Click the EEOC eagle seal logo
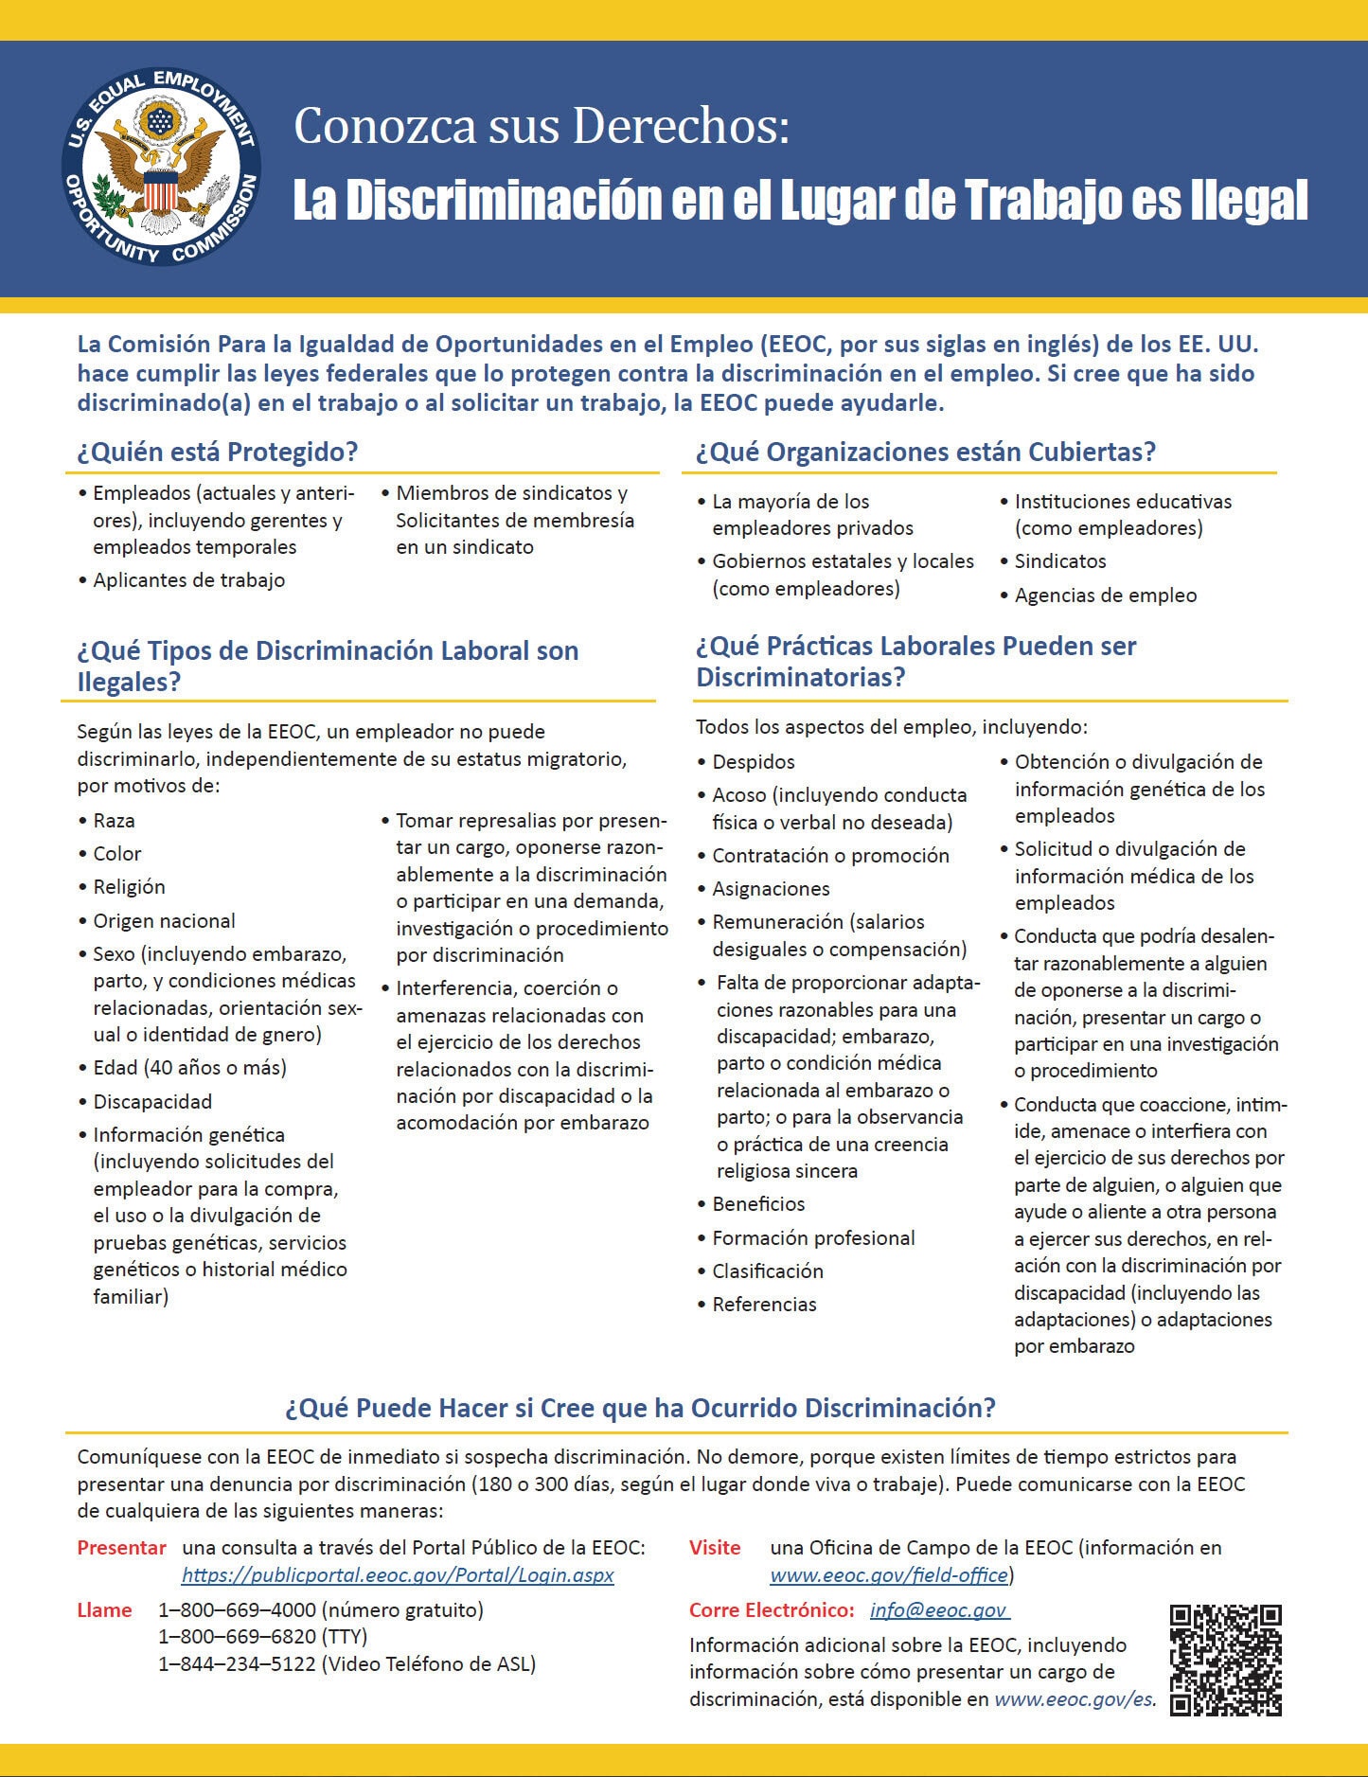click(161, 166)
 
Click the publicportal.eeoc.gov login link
click(398, 1574)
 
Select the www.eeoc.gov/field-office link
click(889, 1574)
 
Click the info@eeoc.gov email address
click(938, 1609)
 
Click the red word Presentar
click(121, 1548)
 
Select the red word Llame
click(104, 1609)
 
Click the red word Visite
click(715, 1548)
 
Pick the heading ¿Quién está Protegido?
click(218, 452)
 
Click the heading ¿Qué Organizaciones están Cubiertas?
click(926, 452)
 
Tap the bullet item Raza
click(114, 821)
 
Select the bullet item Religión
click(129, 887)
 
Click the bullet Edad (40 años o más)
click(189, 1068)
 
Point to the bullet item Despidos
click(754, 762)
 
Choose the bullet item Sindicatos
click(1060, 561)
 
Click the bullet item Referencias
click(764, 1305)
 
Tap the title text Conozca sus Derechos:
click(542, 127)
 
